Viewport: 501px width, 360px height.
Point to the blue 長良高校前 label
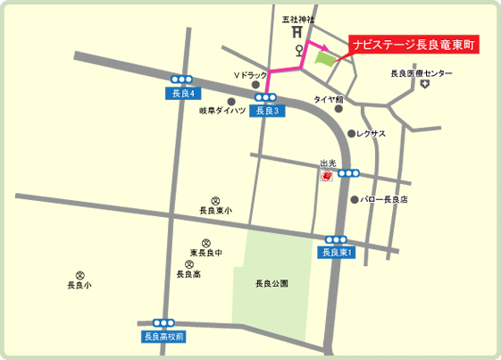163,337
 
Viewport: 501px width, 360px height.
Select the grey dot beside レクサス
351,133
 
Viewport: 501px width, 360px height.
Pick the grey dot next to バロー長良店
355,199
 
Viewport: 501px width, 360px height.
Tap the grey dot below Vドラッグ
255,87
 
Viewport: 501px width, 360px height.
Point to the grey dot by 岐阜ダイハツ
231,101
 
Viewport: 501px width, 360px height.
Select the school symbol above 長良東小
214,201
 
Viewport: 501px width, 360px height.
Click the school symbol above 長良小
79,275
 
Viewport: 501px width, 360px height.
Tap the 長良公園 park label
271,283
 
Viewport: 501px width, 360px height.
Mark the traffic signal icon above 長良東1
336,239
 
